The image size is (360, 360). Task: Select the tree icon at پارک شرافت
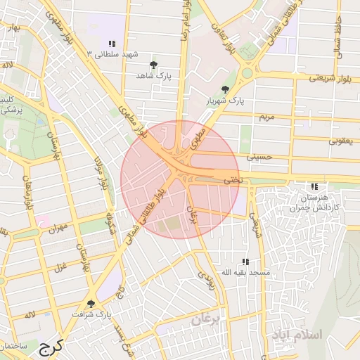pyautogui.click(x=91, y=304)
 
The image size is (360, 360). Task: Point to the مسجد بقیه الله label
pyautogui.click(x=245, y=271)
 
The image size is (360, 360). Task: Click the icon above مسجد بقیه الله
pyautogui.click(x=245, y=262)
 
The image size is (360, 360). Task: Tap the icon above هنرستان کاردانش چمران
pyautogui.click(x=314, y=186)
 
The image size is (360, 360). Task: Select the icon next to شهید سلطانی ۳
pyautogui.click(x=112, y=44)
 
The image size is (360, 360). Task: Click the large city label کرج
pyautogui.click(x=51, y=346)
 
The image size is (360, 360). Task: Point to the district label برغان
pyautogui.click(x=207, y=319)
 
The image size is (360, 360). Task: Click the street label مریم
pyautogui.click(x=265, y=115)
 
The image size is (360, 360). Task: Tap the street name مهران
pyautogui.click(x=58, y=228)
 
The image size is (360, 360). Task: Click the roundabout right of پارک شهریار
pyautogui.click(x=247, y=72)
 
